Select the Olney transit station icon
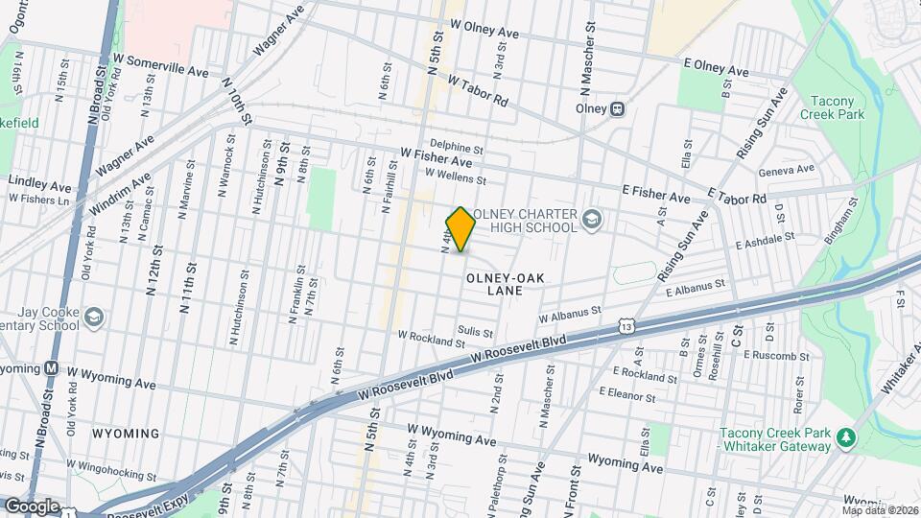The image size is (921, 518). pyautogui.click(x=618, y=108)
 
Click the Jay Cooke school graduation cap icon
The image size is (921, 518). pyautogui.click(x=94, y=316)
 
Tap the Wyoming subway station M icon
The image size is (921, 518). pyautogui.click(x=54, y=368)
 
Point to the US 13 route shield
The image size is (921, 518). pyautogui.click(x=626, y=326)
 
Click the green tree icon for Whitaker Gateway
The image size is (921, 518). pyautogui.click(x=845, y=438)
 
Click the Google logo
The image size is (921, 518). pyautogui.click(x=32, y=506)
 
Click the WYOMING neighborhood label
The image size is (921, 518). pyautogui.click(x=126, y=434)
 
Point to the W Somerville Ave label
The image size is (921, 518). pyautogui.click(x=160, y=65)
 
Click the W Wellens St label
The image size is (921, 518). pyautogui.click(x=456, y=178)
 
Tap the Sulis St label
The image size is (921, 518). pyautogui.click(x=476, y=332)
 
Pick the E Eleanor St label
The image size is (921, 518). pyautogui.click(x=627, y=393)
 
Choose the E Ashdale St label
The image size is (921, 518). pyautogui.click(x=766, y=240)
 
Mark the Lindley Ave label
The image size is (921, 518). pyautogui.click(x=35, y=180)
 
